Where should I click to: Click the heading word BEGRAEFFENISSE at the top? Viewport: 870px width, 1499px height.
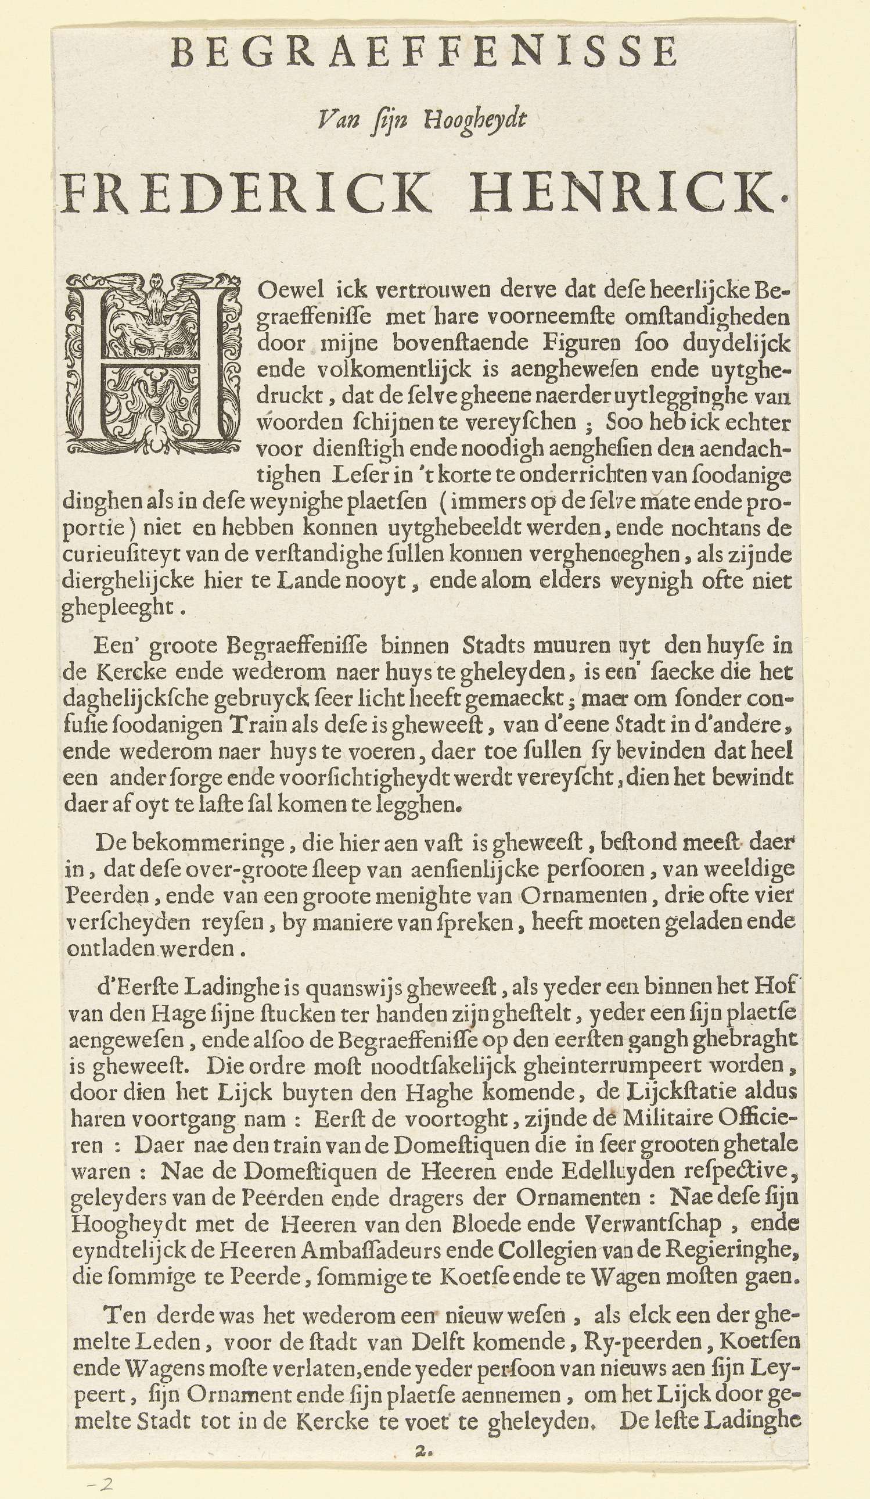423,52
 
